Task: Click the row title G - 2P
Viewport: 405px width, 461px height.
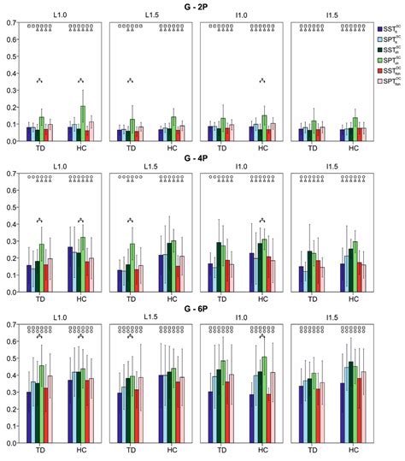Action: (x=202, y=7)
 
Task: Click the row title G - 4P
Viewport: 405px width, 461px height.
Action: (x=202, y=159)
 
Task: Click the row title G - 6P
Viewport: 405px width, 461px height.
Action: (x=202, y=310)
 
